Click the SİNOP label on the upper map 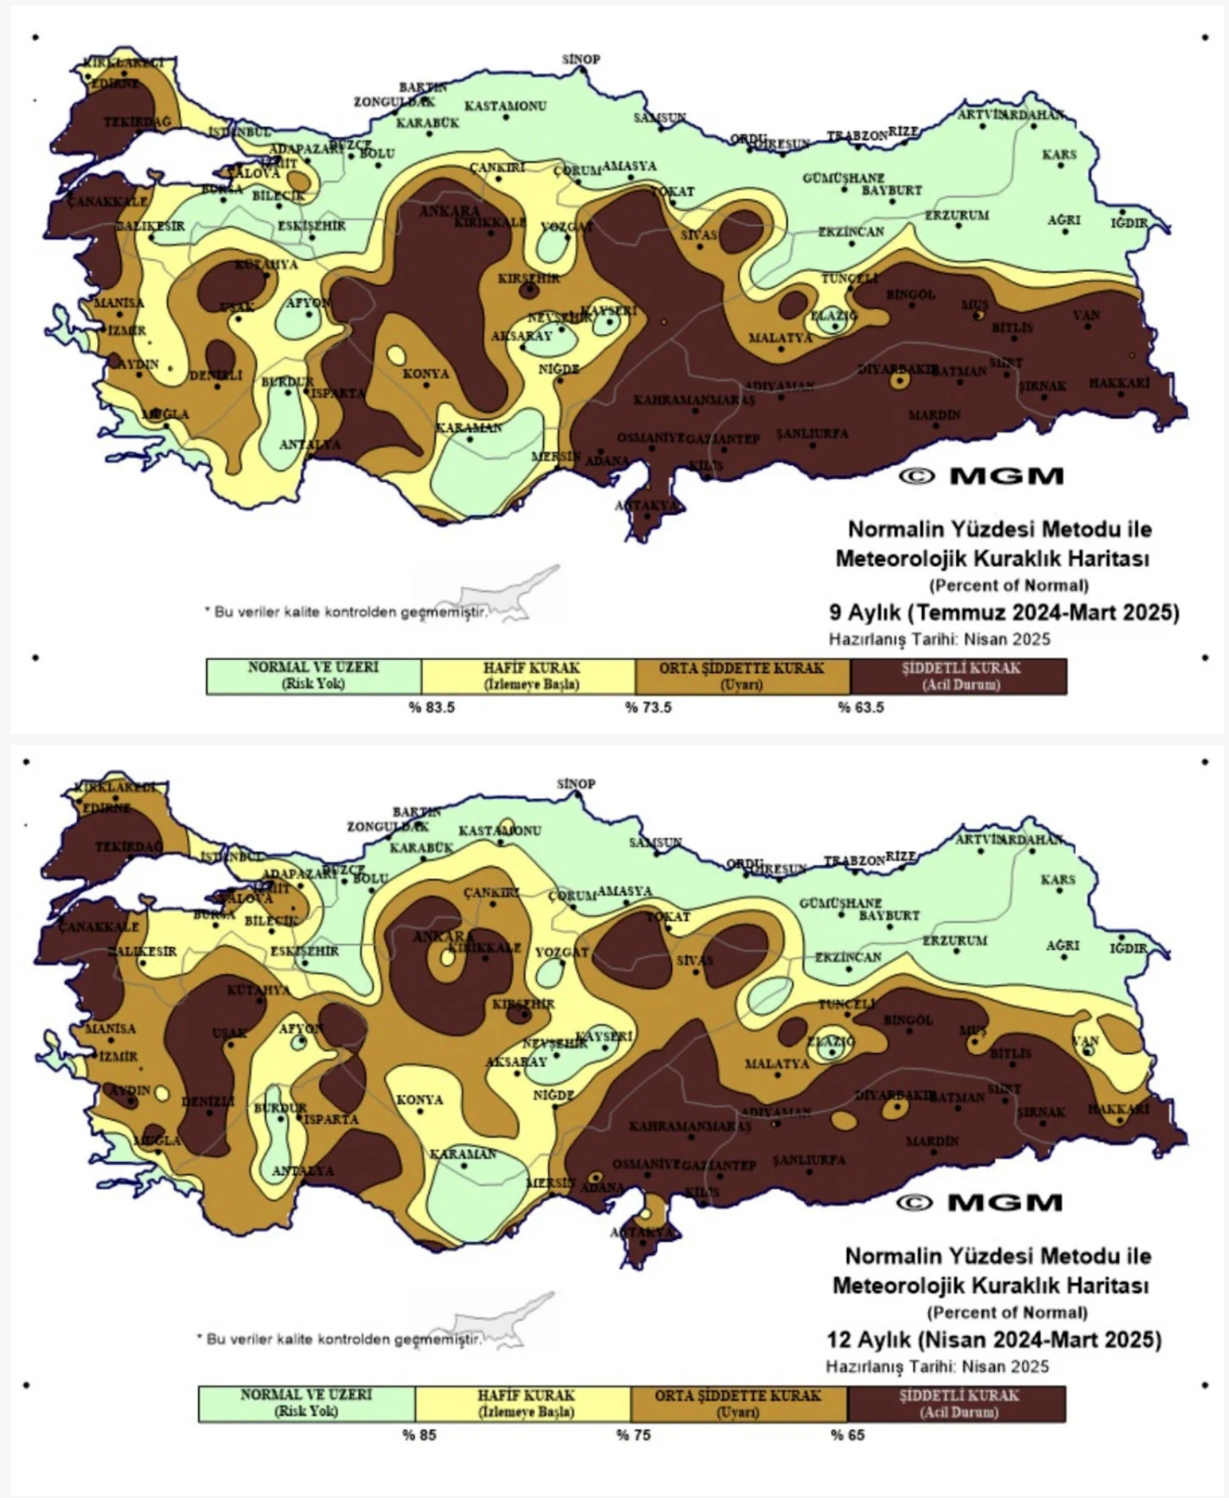(x=581, y=59)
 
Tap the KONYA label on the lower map (x=420, y=1099)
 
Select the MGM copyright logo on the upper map (x=981, y=476)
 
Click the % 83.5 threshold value (x=432, y=707)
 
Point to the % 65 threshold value (x=848, y=1435)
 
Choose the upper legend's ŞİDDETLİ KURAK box (x=959, y=676)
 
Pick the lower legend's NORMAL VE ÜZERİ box (x=306, y=1403)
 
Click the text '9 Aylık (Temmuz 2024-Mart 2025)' (x=1004, y=613)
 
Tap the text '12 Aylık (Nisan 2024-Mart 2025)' (x=994, y=1339)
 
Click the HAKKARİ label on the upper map (x=1119, y=383)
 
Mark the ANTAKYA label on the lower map (x=642, y=1232)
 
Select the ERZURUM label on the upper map (x=956, y=215)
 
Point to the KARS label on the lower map (x=1058, y=880)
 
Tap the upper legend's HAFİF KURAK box (x=529, y=676)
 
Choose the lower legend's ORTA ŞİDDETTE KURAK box (x=738, y=1403)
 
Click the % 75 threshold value (x=633, y=1435)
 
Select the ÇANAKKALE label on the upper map (x=107, y=201)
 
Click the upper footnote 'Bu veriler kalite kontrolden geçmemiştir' (x=347, y=612)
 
